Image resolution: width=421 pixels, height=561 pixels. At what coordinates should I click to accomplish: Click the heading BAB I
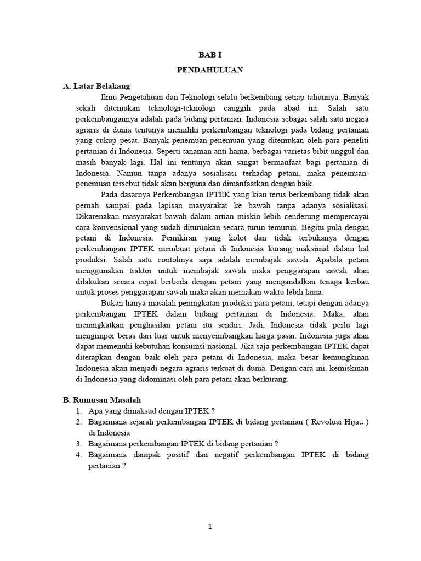click(210, 55)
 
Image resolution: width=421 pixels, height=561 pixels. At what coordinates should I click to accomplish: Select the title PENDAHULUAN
click(210, 71)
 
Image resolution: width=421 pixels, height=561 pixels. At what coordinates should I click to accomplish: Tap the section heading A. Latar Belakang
click(96, 86)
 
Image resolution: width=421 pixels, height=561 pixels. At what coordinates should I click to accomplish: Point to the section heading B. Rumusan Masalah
click(102, 400)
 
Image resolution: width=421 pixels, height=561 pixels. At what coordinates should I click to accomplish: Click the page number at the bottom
click(210, 527)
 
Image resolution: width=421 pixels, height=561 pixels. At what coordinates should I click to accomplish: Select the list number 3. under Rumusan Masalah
click(79, 444)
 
